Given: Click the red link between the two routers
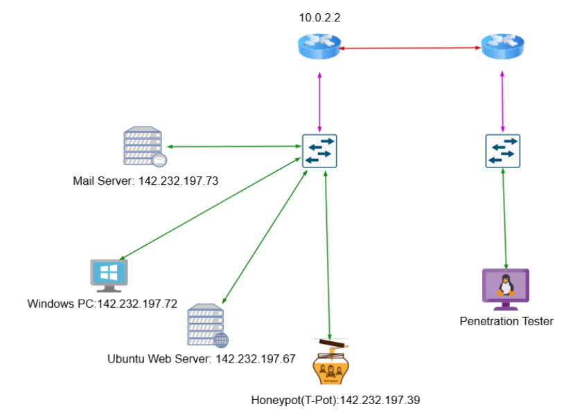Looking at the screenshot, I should (411, 48).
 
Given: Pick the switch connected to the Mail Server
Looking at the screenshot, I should (319, 151).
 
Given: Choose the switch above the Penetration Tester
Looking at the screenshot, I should (502, 151).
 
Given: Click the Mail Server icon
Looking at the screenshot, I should (144, 147).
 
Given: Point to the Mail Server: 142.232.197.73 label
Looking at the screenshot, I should (145, 181).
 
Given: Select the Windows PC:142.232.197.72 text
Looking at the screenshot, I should (103, 303).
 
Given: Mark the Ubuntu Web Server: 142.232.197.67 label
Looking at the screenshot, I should (202, 358).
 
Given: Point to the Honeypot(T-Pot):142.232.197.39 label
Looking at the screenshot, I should (336, 400).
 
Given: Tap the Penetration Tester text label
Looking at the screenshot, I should (506, 321).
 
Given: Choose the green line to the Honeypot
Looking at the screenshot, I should (326, 256).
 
